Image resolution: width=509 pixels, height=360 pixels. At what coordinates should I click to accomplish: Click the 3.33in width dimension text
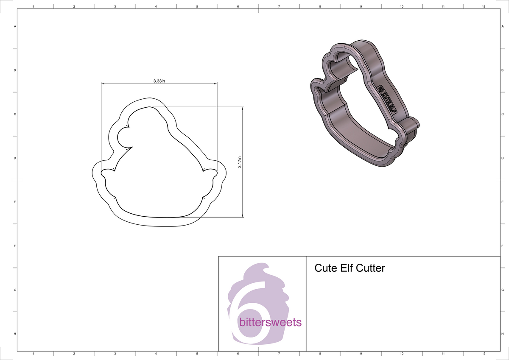tap(159, 81)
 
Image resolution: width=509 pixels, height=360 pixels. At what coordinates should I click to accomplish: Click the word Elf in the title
tap(345, 268)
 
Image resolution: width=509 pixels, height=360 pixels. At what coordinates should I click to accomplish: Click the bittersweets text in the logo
tap(270, 322)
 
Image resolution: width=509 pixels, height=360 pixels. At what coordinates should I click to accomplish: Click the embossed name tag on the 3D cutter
tap(386, 98)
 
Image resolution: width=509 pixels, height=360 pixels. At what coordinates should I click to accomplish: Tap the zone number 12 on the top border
tap(484, 6)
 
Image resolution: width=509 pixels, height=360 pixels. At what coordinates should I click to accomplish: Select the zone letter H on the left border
tap(15, 334)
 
